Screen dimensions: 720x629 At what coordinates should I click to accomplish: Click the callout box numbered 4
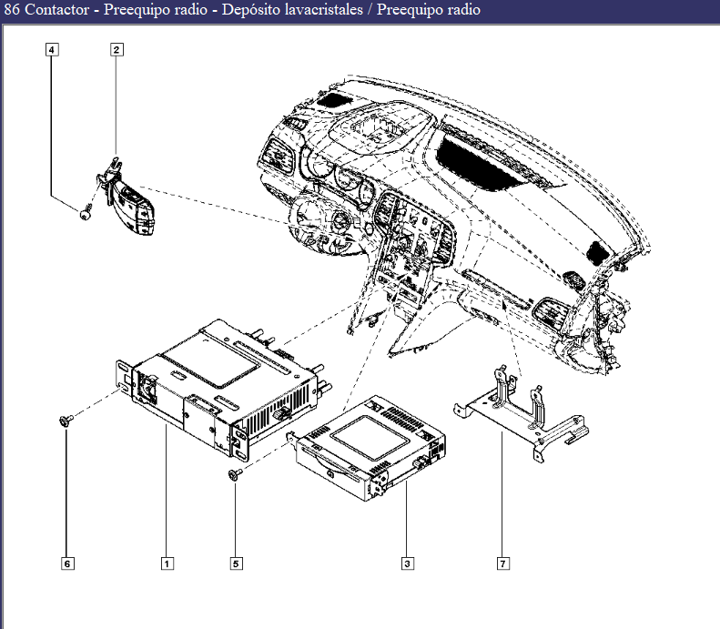[x=52, y=49]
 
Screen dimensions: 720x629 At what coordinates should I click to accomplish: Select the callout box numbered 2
[x=117, y=49]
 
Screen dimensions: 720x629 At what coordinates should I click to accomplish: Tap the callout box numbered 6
[x=67, y=563]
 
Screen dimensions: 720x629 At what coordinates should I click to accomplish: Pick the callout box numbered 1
[x=167, y=563]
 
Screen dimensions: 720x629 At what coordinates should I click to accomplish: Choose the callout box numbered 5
[x=236, y=563]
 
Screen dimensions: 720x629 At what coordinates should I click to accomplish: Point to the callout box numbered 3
[x=407, y=563]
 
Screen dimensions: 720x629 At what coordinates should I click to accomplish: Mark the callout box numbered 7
[x=503, y=563]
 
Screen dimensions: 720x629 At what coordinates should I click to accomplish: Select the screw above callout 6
[x=66, y=421]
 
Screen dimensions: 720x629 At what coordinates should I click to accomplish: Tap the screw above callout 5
[x=236, y=474]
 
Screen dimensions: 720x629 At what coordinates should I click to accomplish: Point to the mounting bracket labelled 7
[x=522, y=414]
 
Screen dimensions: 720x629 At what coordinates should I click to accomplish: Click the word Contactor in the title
[x=57, y=10]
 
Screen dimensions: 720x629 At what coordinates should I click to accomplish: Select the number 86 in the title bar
[x=12, y=10]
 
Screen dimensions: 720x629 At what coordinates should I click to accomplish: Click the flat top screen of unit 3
[x=370, y=436]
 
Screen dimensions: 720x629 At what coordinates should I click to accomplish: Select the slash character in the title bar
[x=370, y=10]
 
